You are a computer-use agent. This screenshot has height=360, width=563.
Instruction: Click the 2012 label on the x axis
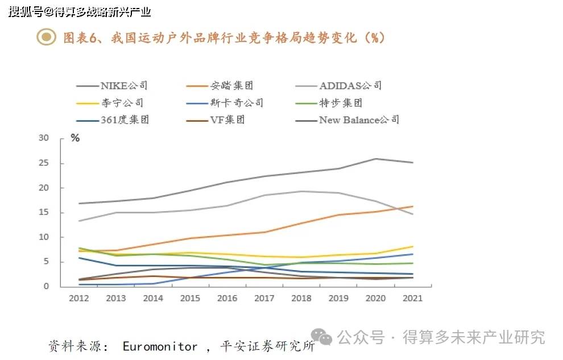coord(79,298)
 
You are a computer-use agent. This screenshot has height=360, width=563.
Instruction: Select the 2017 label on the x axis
coord(264,298)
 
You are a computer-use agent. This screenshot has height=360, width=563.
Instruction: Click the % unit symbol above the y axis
coord(75,138)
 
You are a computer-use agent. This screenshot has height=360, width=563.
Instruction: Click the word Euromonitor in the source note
coord(160,346)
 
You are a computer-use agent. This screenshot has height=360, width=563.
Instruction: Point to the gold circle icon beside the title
coord(46,38)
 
